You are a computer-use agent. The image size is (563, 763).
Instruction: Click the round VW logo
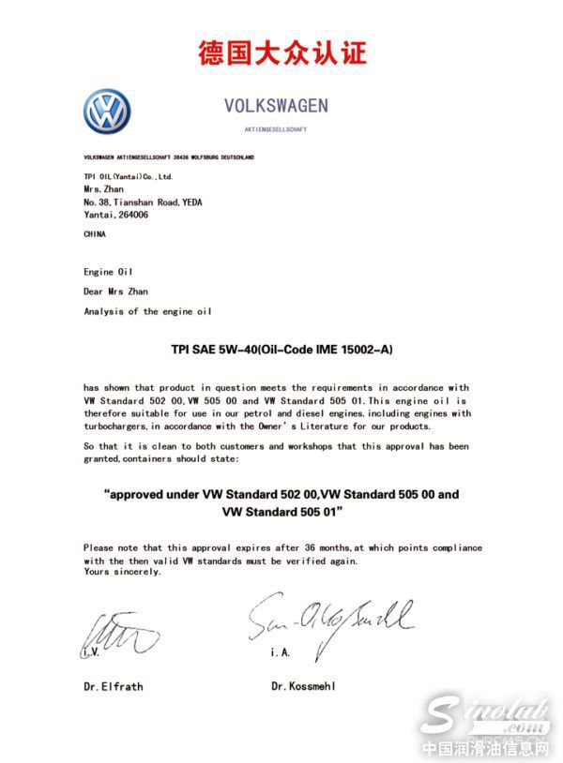pyautogui.click(x=107, y=112)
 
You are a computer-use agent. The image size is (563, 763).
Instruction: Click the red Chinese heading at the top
pyautogui.click(x=281, y=52)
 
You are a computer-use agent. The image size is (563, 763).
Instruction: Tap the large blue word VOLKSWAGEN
pyautogui.click(x=276, y=105)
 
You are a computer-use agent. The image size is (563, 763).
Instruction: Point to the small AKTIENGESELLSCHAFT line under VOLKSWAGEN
pyautogui.click(x=276, y=129)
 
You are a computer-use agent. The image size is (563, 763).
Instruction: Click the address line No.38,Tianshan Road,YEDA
pyautogui.click(x=142, y=202)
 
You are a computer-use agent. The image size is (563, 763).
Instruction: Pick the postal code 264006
pyautogui.click(x=132, y=215)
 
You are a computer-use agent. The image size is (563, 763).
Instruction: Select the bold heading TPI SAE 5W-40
pyautogui.click(x=222, y=349)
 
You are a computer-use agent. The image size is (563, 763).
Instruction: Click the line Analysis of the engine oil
pyautogui.click(x=133, y=311)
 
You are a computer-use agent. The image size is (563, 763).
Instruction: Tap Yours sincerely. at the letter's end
pyautogui.click(x=121, y=572)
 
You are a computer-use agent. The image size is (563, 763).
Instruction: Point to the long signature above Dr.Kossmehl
pyautogui.click(x=328, y=617)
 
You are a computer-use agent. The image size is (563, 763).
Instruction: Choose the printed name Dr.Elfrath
pyautogui.click(x=113, y=686)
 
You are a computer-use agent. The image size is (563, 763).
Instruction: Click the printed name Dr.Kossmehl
pyautogui.click(x=303, y=686)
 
